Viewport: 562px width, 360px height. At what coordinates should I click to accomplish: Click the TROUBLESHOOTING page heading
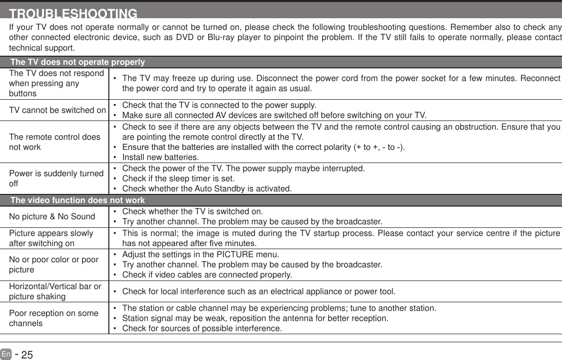coord(73,13)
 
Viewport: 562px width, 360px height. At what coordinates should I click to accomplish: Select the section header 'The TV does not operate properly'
coord(77,62)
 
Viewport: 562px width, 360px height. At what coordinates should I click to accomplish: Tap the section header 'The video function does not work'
coord(77,201)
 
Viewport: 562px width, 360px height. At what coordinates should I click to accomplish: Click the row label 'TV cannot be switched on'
coord(57,110)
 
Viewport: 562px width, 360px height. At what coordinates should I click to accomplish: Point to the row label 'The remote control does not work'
coord(55,142)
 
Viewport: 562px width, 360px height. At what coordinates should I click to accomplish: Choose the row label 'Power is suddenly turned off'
coord(56,178)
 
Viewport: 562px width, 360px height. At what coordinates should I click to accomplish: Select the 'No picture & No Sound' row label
coord(52,217)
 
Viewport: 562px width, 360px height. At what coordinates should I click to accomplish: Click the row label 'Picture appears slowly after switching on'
coord(51,238)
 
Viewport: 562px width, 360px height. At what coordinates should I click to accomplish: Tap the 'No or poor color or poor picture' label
coord(54,264)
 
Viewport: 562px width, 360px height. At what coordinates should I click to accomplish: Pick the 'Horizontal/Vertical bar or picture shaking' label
coord(55,292)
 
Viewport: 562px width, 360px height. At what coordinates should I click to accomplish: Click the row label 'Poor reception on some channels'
coord(54,318)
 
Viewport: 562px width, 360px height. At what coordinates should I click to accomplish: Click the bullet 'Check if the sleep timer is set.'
coord(178,178)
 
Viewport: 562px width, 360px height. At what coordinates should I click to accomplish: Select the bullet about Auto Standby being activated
coord(207,189)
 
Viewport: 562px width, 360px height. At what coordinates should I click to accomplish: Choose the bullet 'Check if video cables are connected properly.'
coord(207,275)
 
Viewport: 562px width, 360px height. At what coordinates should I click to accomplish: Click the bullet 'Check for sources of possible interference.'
coord(202,329)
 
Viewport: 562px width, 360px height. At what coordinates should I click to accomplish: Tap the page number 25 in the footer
coord(27,355)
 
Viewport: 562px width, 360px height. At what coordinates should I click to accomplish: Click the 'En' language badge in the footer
coord(6,354)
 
